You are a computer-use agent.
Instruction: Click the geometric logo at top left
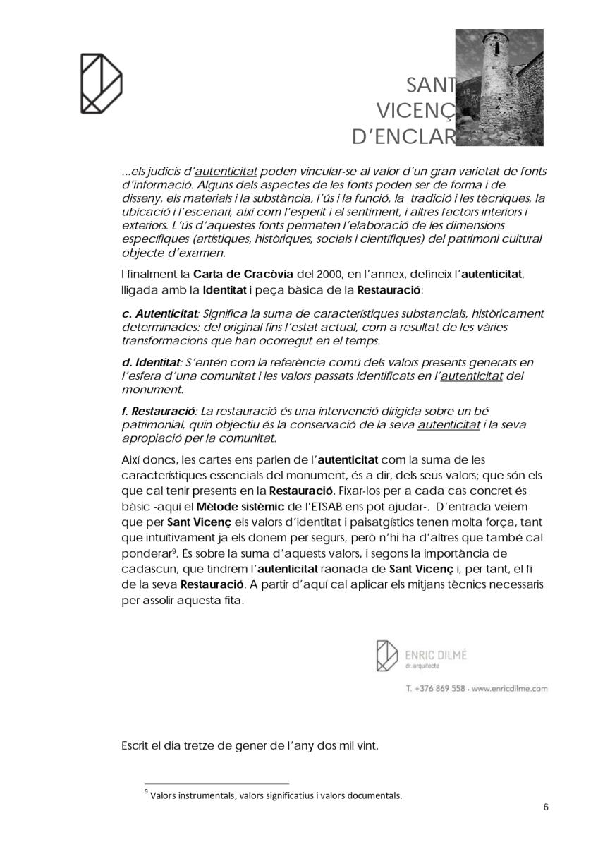[x=101, y=83]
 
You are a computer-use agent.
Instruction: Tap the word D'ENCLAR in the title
[x=403, y=136]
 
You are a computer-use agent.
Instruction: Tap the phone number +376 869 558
[x=439, y=688]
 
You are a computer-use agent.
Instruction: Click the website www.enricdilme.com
[x=509, y=688]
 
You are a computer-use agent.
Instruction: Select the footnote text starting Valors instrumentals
[x=276, y=795]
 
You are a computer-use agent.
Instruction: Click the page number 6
[x=545, y=807]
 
